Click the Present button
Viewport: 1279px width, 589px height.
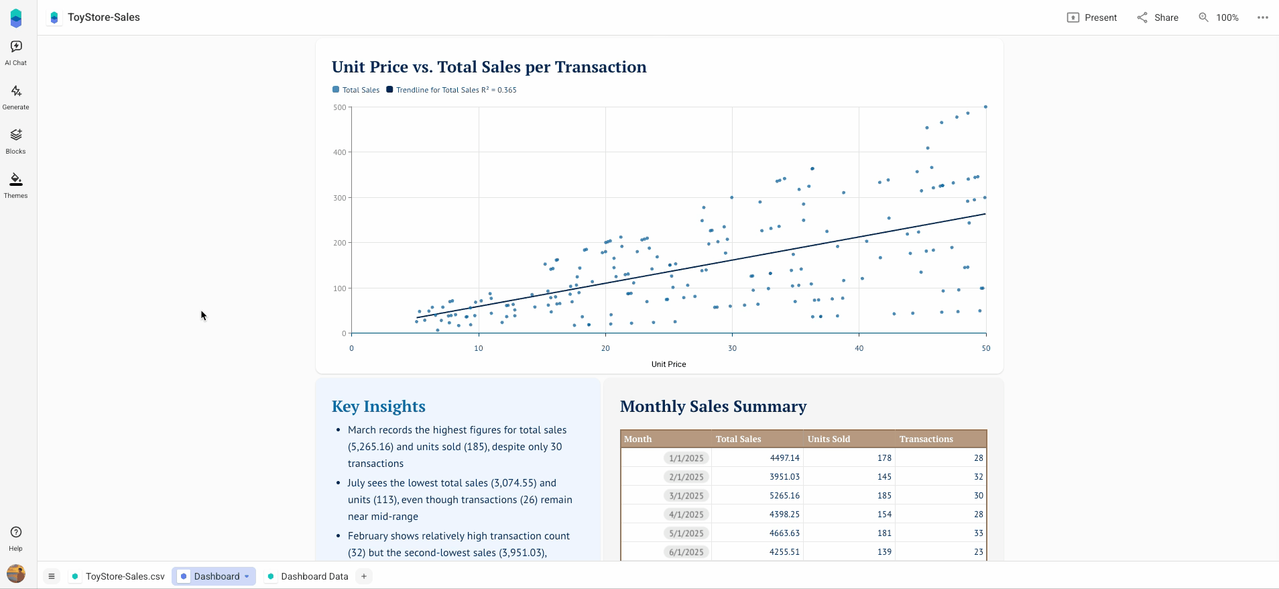click(1092, 17)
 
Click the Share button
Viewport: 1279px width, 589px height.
click(1158, 17)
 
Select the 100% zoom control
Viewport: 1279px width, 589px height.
click(1219, 17)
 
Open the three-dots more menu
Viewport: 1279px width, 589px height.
click(1263, 17)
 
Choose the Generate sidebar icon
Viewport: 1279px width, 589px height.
click(16, 97)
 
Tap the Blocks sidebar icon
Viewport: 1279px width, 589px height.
click(16, 141)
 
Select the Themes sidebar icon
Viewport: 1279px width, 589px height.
click(16, 185)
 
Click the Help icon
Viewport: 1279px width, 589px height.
click(16, 537)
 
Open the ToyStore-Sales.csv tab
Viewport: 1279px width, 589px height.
click(119, 576)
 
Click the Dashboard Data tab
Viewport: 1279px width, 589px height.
click(308, 576)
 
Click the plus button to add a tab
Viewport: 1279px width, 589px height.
click(364, 576)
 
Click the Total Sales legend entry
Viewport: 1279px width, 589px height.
click(357, 90)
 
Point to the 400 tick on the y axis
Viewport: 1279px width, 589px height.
click(340, 152)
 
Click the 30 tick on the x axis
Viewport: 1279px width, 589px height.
click(732, 348)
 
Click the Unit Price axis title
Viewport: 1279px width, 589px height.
click(668, 364)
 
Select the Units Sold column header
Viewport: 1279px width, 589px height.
click(829, 439)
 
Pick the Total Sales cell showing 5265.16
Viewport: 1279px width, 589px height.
click(784, 496)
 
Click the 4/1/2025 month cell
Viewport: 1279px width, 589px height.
click(686, 515)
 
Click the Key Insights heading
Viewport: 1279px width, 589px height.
click(378, 407)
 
